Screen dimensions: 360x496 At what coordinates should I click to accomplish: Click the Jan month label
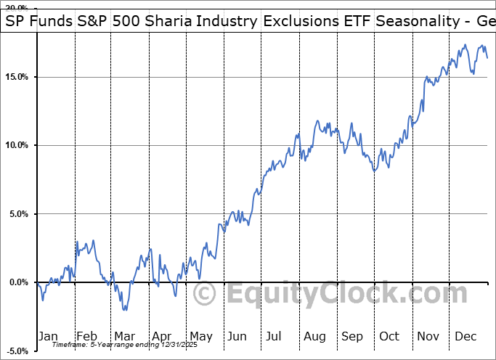[x=49, y=336]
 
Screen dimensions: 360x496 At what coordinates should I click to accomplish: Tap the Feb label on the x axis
[x=87, y=336]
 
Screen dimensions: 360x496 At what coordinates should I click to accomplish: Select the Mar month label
[x=124, y=336]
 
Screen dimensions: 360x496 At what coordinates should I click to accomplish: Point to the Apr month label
[x=162, y=336]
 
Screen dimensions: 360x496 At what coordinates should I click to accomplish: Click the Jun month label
[x=237, y=336]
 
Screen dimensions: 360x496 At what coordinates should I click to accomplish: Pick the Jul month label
[x=275, y=336]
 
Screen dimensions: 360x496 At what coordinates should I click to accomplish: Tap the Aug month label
[x=314, y=336]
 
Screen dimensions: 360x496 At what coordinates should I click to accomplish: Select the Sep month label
[x=351, y=336]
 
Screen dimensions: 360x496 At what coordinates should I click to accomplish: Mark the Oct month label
[x=389, y=336]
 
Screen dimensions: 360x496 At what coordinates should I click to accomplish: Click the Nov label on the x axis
[x=427, y=336]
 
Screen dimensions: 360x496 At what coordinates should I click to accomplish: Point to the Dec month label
[x=465, y=336]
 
